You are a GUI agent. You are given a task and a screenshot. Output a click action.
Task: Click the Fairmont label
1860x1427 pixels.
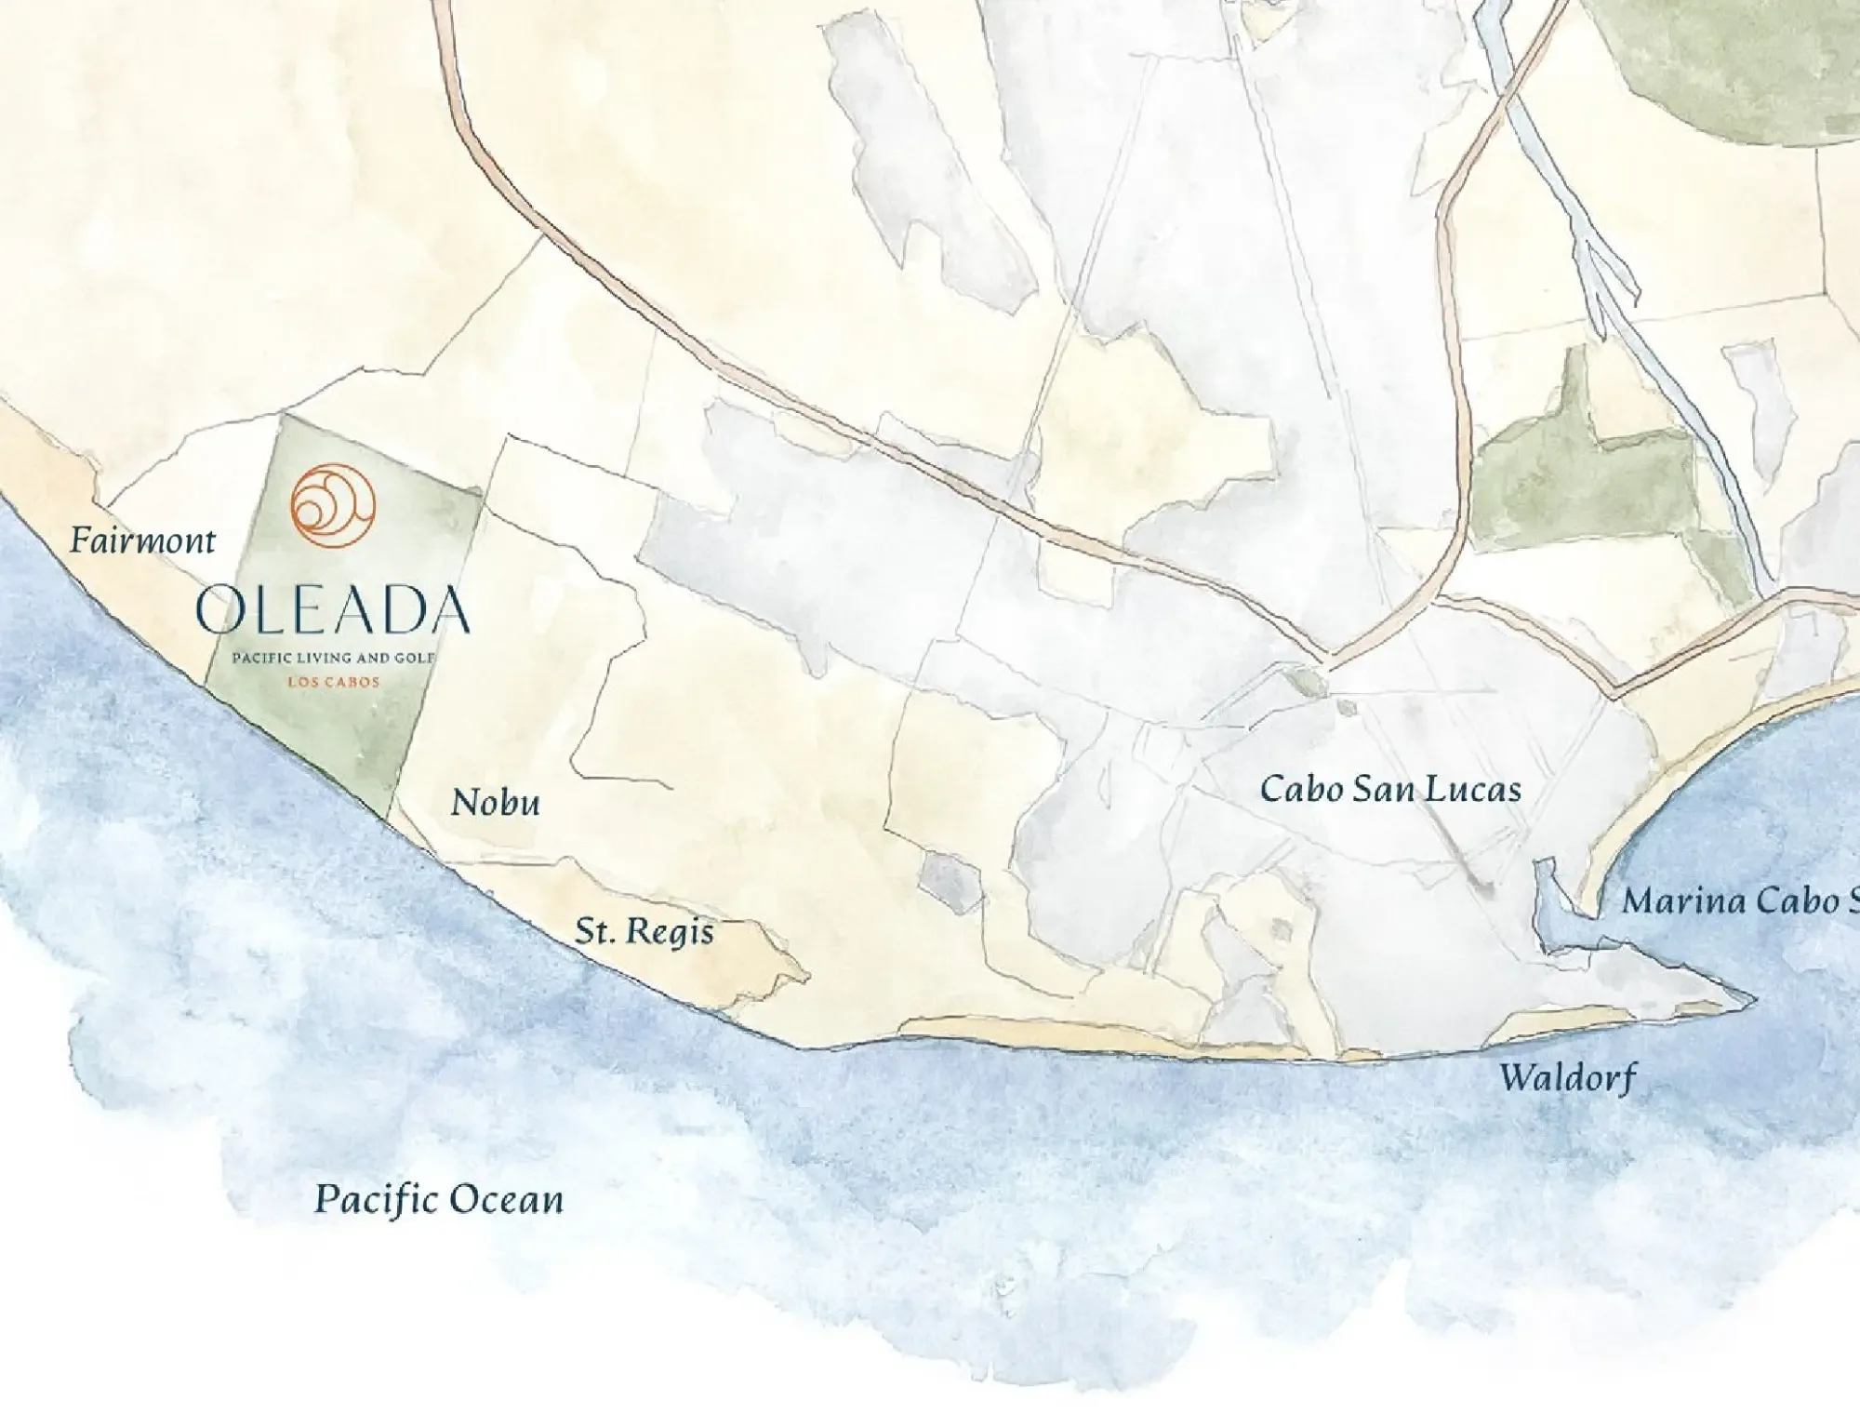point(142,540)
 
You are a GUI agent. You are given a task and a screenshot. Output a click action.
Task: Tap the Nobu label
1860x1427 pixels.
point(495,803)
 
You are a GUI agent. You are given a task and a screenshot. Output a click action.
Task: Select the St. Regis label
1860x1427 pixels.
point(644,931)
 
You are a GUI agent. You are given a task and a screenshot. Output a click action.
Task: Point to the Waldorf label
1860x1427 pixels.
point(1567,1078)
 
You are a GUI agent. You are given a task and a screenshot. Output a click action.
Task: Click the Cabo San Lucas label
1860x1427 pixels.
point(1390,790)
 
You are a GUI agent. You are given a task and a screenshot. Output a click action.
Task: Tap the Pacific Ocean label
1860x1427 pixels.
point(439,1199)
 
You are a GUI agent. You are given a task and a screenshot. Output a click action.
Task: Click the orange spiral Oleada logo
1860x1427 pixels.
point(333,505)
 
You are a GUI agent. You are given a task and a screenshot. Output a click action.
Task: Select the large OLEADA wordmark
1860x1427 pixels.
point(333,610)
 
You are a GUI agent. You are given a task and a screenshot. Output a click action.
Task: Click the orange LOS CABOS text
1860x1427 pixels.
point(333,682)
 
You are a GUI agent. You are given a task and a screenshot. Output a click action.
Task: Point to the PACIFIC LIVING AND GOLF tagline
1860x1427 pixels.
point(333,658)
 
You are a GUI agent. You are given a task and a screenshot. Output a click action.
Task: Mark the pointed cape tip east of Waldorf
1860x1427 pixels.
point(1753,1001)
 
